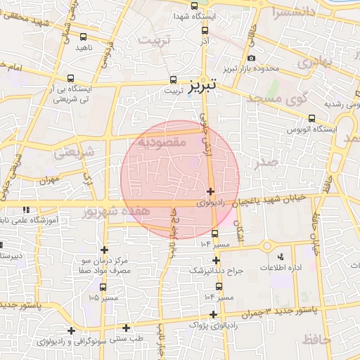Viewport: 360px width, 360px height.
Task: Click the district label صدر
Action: pyautogui.click(x=268, y=162)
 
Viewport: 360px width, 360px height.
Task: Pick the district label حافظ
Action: pyautogui.click(x=316, y=340)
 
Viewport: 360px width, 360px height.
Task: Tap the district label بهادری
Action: pyautogui.click(x=313, y=63)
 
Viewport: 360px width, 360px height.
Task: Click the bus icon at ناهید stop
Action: pyautogui.click(x=84, y=37)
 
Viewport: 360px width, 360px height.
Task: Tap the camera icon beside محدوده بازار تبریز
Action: pyautogui.click(x=251, y=58)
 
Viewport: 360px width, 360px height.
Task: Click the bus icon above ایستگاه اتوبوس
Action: pyautogui.click(x=312, y=119)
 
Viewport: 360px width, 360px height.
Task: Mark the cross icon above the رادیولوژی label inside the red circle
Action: pyautogui.click(x=210, y=191)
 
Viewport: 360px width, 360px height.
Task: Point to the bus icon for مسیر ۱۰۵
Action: pyautogui.click(x=103, y=287)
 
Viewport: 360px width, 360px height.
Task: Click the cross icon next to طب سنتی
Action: pyautogui.click(x=127, y=327)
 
